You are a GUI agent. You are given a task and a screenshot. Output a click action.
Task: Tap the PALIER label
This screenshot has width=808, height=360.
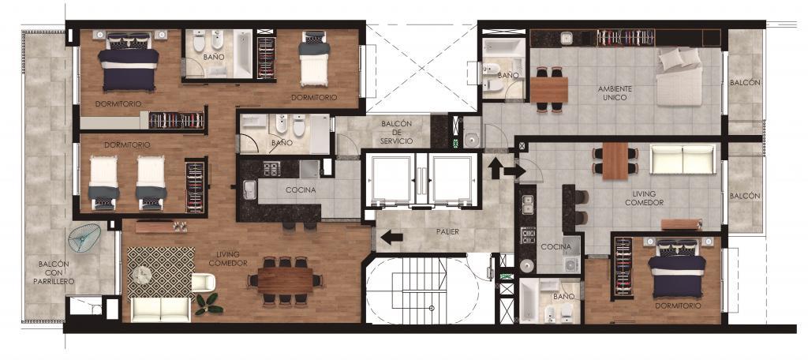[x=447, y=231]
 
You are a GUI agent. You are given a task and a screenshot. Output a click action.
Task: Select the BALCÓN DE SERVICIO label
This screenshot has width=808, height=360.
[x=396, y=133]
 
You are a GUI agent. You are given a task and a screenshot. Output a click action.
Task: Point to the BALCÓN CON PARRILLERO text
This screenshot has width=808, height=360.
[x=56, y=273]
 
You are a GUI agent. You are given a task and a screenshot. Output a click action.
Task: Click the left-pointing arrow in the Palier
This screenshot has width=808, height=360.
[x=391, y=238]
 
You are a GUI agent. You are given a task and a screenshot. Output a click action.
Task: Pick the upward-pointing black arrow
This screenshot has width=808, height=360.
[x=496, y=169]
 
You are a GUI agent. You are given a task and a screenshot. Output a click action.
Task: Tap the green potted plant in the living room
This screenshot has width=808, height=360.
[x=208, y=304]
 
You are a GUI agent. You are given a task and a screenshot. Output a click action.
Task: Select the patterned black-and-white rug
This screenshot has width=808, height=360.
[x=161, y=273]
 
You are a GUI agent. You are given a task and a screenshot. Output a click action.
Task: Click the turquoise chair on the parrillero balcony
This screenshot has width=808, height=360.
[x=84, y=238]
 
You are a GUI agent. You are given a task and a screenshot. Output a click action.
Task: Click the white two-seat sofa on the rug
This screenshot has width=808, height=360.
[x=160, y=309]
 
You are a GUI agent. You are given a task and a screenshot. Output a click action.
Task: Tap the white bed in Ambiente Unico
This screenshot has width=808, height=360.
[x=679, y=77]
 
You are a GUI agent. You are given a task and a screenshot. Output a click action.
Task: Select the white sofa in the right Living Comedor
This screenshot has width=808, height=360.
[x=683, y=159]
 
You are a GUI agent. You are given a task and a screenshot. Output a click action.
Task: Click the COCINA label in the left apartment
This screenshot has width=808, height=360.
[x=301, y=189]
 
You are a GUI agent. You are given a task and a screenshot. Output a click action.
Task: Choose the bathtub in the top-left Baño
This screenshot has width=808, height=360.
[x=243, y=54]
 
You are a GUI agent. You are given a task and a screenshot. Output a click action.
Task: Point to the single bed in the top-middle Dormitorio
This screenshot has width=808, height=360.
[x=314, y=58]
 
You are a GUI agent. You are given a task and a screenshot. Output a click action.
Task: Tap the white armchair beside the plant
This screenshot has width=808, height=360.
[x=203, y=283]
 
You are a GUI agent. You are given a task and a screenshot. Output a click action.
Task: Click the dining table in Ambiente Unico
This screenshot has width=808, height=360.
[x=548, y=89]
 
